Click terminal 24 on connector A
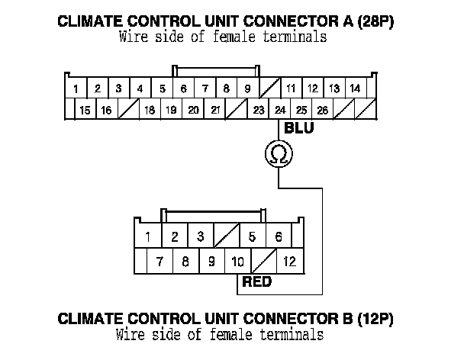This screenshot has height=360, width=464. pos(280,111)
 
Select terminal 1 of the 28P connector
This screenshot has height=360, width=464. pos(76,89)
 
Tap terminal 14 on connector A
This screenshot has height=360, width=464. pos(355,89)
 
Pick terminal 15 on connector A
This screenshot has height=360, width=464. pos(85,111)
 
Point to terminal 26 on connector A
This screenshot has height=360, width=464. pos(323,111)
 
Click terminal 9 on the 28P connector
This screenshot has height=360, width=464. pos(247,89)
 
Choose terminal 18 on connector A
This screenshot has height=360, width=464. pos(150,111)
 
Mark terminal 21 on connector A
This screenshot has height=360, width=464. pos(216,111)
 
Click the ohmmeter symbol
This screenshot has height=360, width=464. pos(279,155)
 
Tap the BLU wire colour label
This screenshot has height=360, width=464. pos(298,128)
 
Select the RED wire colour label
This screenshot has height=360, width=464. pos(256,282)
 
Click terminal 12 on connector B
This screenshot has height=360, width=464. pos(289,262)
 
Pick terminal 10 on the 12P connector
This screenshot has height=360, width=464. pos(237,262)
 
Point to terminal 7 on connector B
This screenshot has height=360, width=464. pos(159,262)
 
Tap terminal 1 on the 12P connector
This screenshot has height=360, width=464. pos(147,236)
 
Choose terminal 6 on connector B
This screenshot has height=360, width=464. pos(279,236)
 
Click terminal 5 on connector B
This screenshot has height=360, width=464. pos(252,236)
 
